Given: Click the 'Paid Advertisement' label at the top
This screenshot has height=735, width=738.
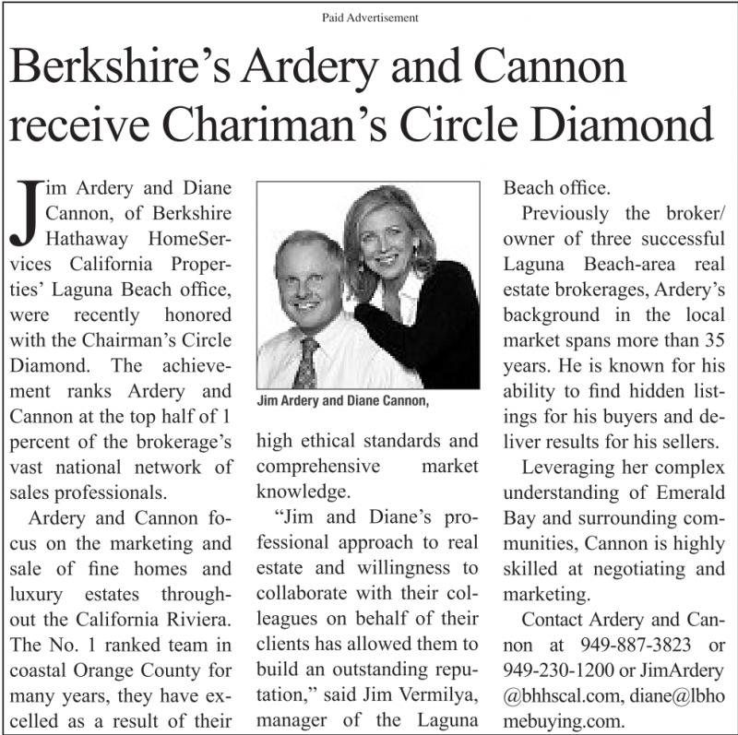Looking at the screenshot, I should [369, 17].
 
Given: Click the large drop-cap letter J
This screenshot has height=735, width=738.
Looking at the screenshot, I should [28, 213].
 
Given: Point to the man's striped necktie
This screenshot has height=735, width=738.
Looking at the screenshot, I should [305, 362].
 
